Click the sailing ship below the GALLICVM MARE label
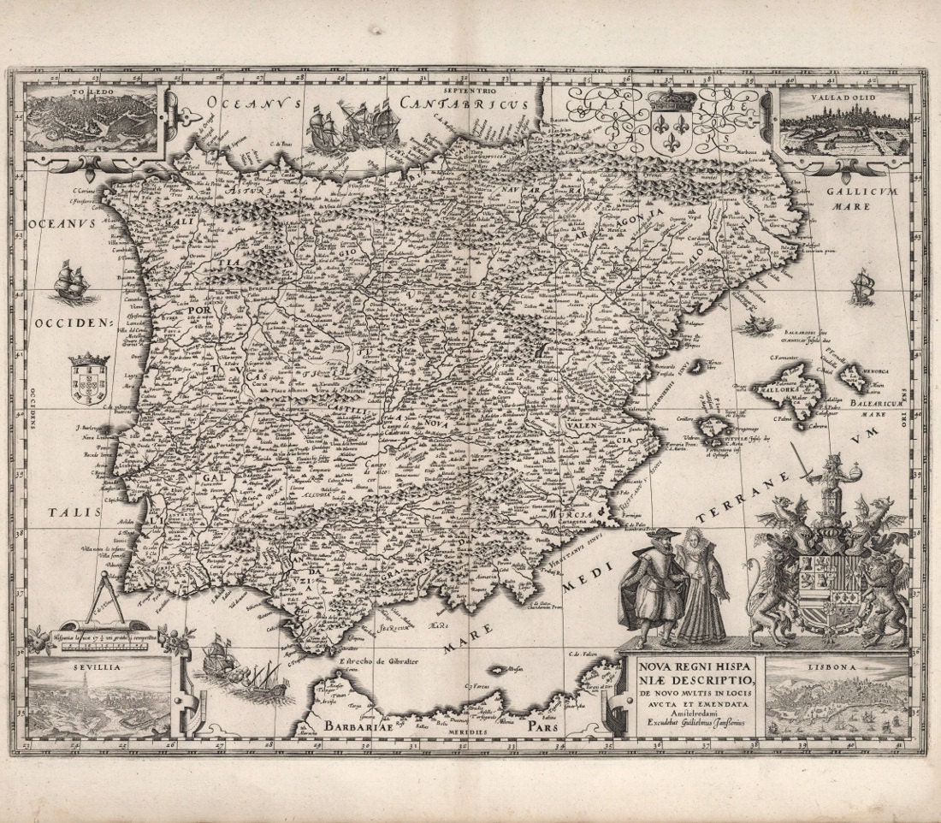click(861, 287)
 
